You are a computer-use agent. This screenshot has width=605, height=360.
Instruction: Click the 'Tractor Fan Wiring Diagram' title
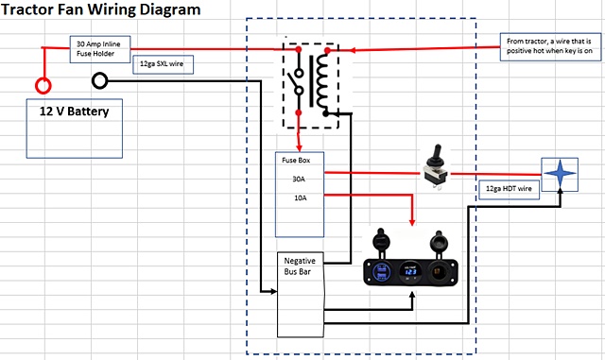coord(101,10)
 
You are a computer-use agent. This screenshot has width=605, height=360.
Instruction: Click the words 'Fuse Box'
coord(296,161)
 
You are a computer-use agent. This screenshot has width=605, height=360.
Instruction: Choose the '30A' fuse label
coord(298,180)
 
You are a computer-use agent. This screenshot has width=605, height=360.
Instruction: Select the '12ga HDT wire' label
coord(509,188)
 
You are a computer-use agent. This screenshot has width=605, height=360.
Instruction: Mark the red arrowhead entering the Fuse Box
coord(299,147)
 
